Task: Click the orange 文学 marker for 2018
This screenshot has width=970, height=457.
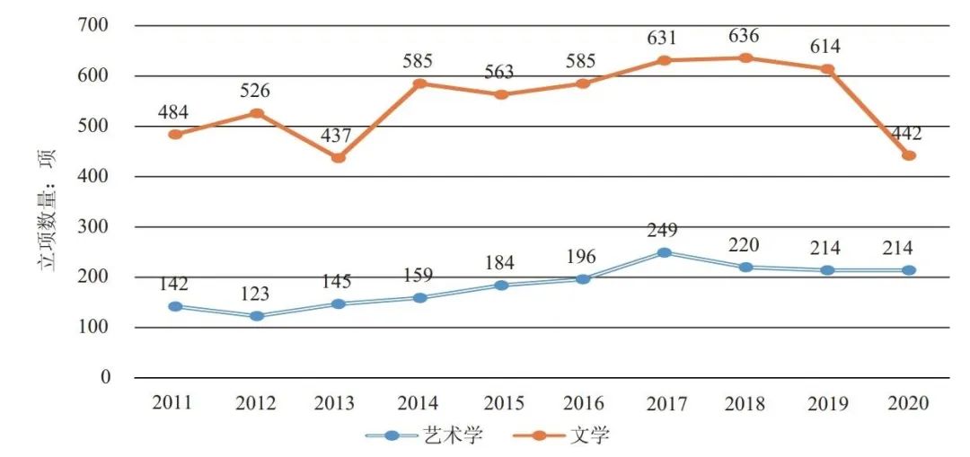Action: pyautogui.click(x=745, y=58)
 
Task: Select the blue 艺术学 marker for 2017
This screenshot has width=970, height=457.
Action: pyautogui.click(x=664, y=253)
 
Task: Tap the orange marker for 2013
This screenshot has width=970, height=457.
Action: pyautogui.click(x=338, y=158)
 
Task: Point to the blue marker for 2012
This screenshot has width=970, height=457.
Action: pyautogui.click(x=256, y=316)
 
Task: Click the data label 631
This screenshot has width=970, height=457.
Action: pyautogui.click(x=664, y=38)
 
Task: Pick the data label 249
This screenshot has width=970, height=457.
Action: pyautogui.click(x=664, y=231)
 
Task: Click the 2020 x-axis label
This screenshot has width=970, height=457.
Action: pyautogui.click(x=909, y=403)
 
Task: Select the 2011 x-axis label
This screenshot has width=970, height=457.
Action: pyautogui.click(x=173, y=403)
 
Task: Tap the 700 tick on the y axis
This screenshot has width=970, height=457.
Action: pyautogui.click(x=93, y=25)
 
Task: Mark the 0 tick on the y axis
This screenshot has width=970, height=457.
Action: pyautogui.click(x=105, y=377)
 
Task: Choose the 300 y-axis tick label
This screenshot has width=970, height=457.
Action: pyautogui.click(x=93, y=227)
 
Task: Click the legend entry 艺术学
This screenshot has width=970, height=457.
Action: pyautogui.click(x=427, y=435)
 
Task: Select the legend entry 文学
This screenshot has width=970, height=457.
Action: pyautogui.click(x=563, y=435)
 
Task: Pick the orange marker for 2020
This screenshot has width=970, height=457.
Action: pyautogui.click(x=909, y=155)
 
